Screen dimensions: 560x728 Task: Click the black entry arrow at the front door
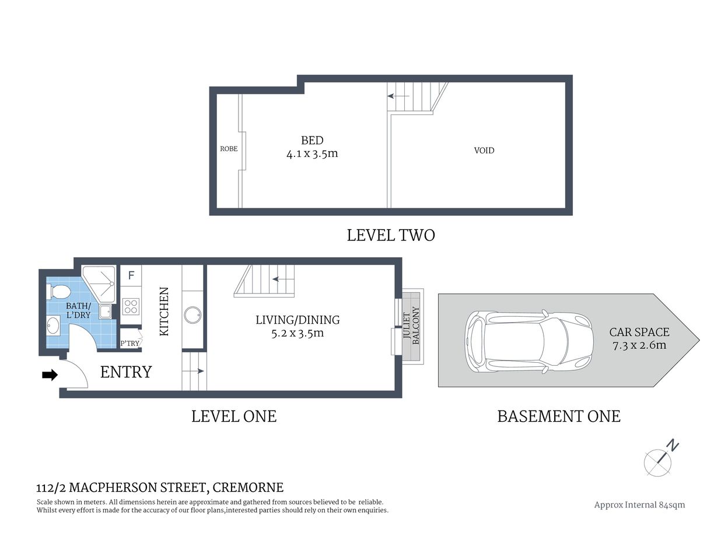pos(50,375)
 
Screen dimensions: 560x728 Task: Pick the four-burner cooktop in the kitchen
pos(131,306)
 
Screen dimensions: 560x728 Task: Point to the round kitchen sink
pos(192,316)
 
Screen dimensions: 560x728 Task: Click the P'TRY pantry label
pos(129,343)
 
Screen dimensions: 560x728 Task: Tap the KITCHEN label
pos(164,311)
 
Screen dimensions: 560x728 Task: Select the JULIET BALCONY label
pos(411,325)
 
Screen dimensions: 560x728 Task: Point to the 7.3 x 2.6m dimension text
pos(639,345)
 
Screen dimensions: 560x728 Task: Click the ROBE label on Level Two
pos(229,149)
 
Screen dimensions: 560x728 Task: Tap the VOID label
pos(484,150)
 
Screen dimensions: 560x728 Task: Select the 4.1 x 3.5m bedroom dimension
pos(312,154)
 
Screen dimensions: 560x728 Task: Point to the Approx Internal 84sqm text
pos(639,505)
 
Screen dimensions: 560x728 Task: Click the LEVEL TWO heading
pos(391,235)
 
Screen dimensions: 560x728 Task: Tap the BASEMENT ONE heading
pos(558,416)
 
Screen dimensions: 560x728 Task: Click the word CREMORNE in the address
pos(248,487)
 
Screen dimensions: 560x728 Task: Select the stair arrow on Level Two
pos(400,96)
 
